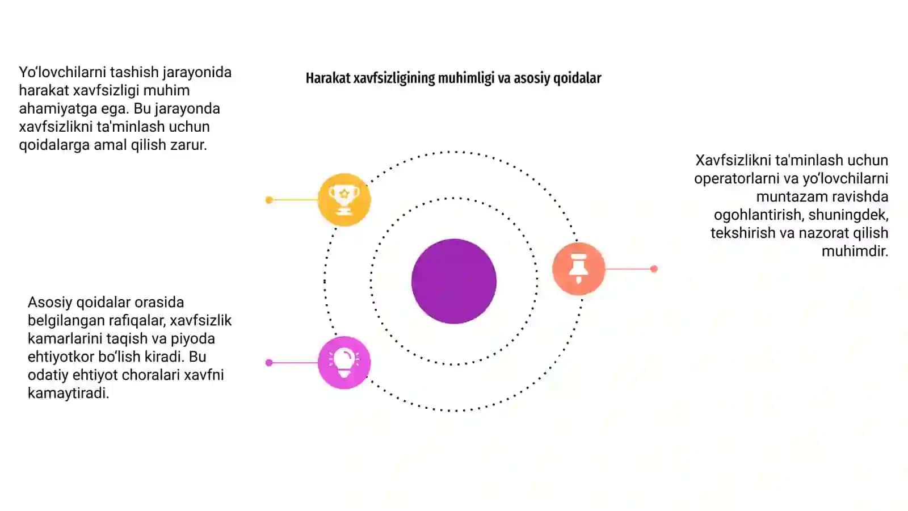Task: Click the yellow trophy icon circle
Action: click(344, 199)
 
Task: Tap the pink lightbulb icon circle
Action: click(344, 363)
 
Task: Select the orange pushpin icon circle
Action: click(579, 269)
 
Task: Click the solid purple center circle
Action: click(454, 282)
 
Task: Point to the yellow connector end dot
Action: click(269, 200)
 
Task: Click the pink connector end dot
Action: click(269, 363)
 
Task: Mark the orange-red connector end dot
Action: click(654, 269)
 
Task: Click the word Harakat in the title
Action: click(328, 78)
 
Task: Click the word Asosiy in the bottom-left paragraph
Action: click(50, 303)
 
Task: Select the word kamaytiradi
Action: click(69, 393)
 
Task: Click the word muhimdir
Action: click(855, 251)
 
